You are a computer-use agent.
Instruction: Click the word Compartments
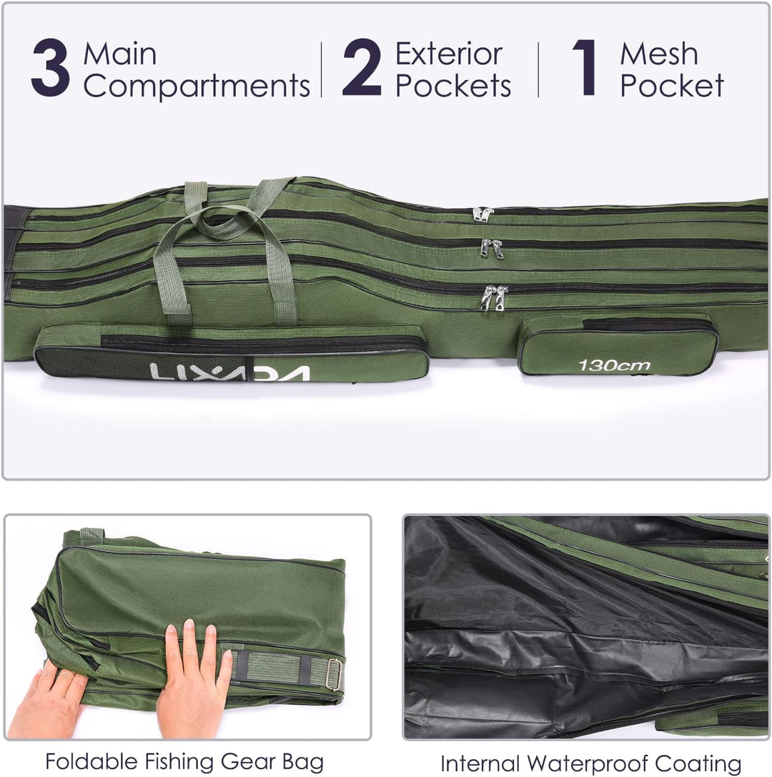point(197,86)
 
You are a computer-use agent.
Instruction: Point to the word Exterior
point(449,54)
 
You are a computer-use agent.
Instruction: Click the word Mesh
point(659,54)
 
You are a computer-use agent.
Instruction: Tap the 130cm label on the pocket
point(614,366)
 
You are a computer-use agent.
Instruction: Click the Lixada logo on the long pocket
point(229,372)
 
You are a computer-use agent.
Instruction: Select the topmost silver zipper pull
point(482,214)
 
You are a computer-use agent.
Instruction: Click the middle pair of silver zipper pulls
point(492,248)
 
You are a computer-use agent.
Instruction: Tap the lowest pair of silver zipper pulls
point(494,298)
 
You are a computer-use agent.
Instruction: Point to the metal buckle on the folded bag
point(335,674)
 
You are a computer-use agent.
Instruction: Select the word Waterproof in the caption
point(587,763)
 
